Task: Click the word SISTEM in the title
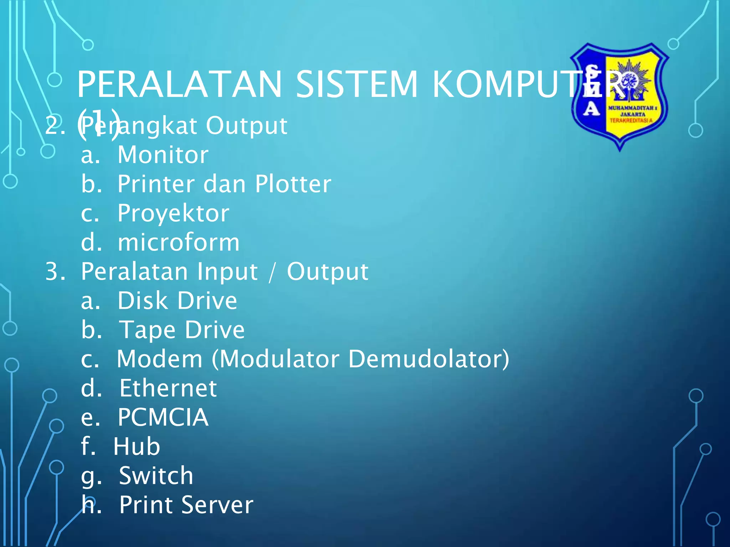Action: (x=356, y=84)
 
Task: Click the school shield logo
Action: (x=620, y=96)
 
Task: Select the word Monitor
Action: (x=163, y=155)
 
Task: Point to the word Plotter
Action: (x=293, y=184)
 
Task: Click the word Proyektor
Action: (x=174, y=213)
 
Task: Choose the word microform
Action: (x=179, y=243)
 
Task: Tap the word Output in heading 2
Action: (x=247, y=126)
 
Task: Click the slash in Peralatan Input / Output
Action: (x=272, y=272)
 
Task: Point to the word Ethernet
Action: (x=168, y=388)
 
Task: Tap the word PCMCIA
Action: (x=163, y=417)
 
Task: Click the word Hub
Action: (x=137, y=447)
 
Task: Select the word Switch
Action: (x=156, y=476)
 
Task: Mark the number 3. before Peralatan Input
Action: (x=55, y=272)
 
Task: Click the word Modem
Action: (x=160, y=359)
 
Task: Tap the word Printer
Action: (x=156, y=184)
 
